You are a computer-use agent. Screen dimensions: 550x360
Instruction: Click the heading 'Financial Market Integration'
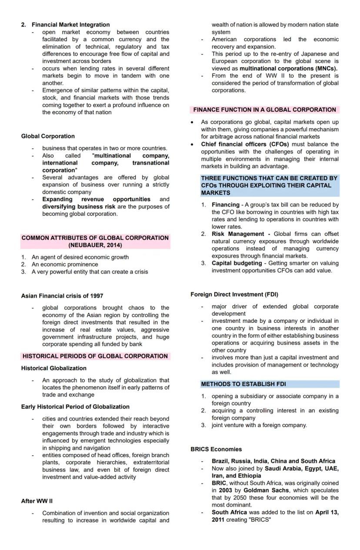click(70, 25)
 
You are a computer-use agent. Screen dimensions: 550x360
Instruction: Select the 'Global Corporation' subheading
click(48, 136)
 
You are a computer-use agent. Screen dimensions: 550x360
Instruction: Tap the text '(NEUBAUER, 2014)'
click(95, 245)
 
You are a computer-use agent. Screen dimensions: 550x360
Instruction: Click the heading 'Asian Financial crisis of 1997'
click(62, 296)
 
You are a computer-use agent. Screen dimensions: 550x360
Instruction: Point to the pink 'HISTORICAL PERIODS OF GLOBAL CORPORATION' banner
click(95, 356)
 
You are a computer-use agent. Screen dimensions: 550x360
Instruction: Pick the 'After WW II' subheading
click(37, 501)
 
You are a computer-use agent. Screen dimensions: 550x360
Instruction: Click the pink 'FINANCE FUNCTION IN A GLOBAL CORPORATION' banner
click(264, 110)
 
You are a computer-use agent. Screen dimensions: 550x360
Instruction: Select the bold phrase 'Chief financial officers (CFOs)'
click(245, 144)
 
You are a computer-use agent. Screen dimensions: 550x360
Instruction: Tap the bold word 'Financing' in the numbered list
click(225, 205)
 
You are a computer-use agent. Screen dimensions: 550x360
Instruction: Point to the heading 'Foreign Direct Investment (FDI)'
click(234, 295)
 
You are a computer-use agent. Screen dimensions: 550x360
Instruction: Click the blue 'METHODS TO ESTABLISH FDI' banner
click(243, 384)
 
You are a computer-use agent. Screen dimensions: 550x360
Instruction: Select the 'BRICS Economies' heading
click(216, 449)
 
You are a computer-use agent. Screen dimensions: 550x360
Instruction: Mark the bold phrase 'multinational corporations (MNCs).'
click(288, 69)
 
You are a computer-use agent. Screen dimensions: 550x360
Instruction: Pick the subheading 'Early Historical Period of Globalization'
click(75, 407)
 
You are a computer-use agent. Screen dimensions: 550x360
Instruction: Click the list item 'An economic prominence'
click(65, 264)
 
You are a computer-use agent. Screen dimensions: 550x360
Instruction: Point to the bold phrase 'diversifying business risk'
click(79, 207)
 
